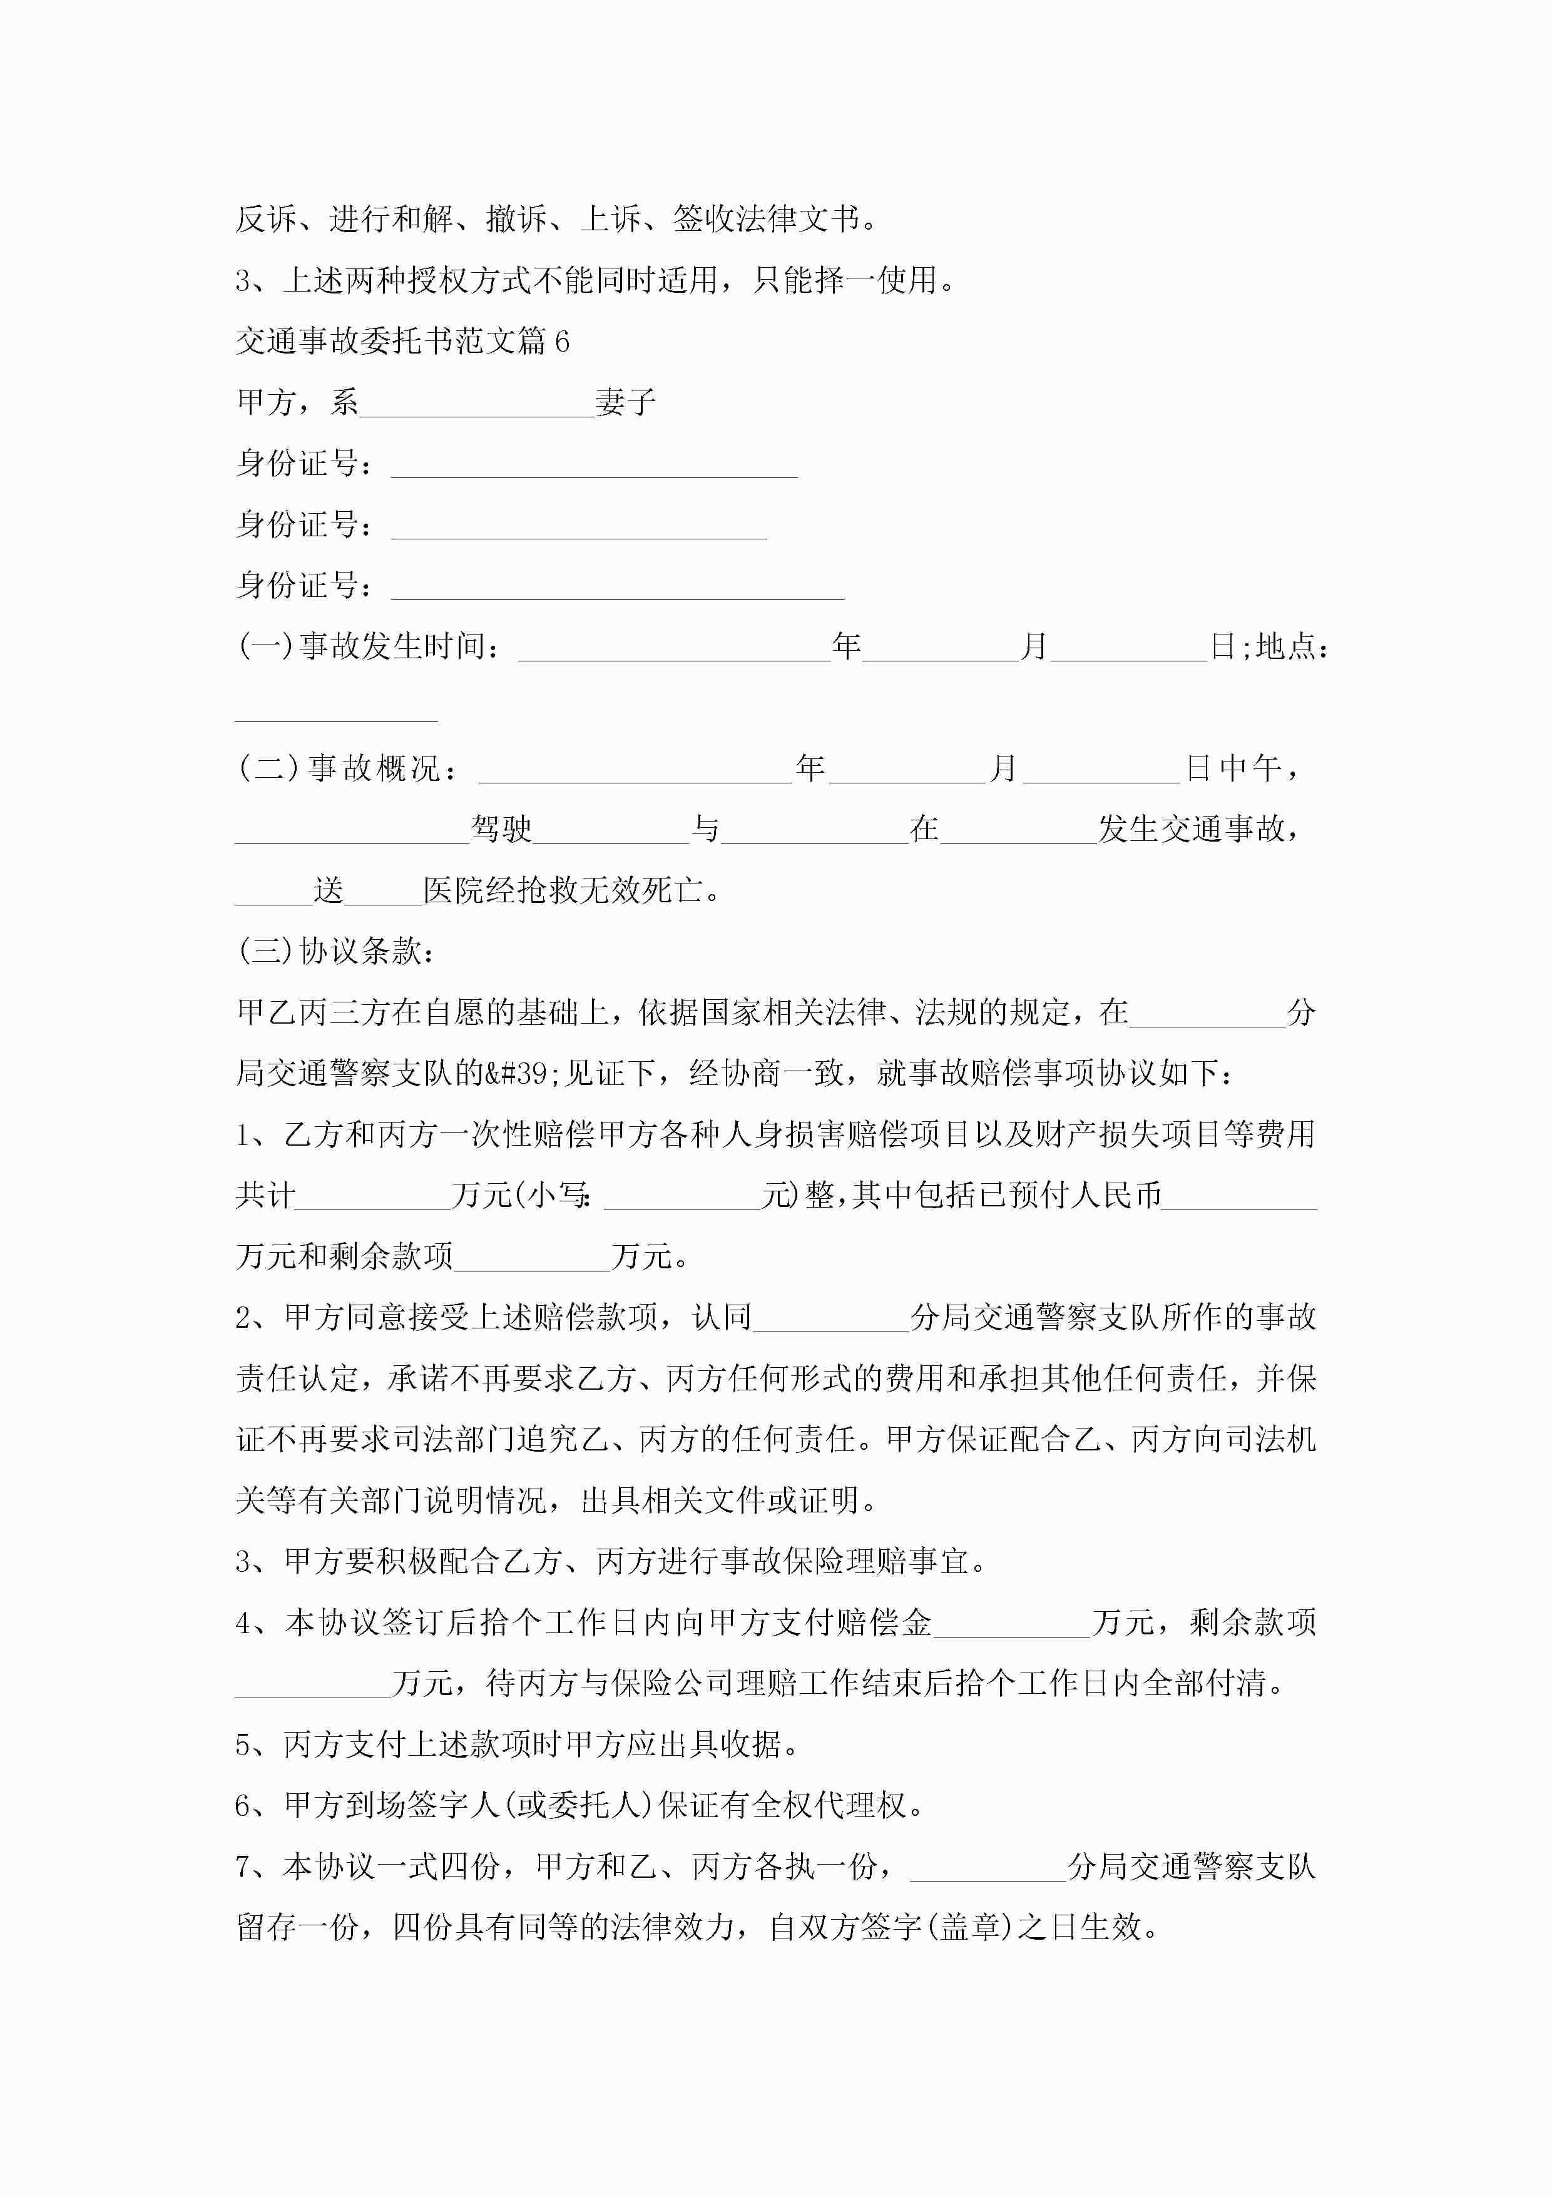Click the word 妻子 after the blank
point(625,402)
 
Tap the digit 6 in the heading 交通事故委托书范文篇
point(561,341)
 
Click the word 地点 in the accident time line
point(1285,647)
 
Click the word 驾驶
point(501,829)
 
